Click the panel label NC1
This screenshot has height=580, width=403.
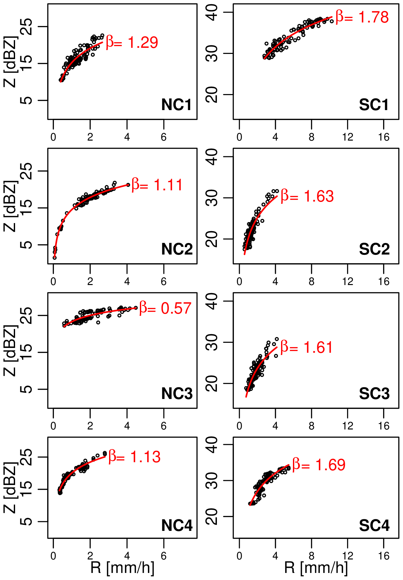[176, 105]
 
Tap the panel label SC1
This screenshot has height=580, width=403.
[374, 105]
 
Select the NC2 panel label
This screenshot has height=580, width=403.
[177, 249]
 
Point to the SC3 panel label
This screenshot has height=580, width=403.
[374, 394]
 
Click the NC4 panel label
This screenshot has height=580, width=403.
[177, 525]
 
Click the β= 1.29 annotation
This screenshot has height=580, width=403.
[132, 42]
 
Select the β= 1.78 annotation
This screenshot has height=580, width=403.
[362, 17]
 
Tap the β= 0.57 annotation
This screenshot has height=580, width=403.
[165, 308]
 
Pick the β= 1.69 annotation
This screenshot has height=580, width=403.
[319, 465]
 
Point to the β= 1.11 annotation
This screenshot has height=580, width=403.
[157, 185]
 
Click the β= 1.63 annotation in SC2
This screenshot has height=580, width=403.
[307, 196]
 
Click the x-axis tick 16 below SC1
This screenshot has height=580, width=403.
[383, 137]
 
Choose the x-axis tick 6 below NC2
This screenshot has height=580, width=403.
[164, 282]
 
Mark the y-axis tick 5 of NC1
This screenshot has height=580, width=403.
[28, 100]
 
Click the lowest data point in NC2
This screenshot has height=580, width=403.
[55, 257]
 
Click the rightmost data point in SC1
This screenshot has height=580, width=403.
[332, 22]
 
